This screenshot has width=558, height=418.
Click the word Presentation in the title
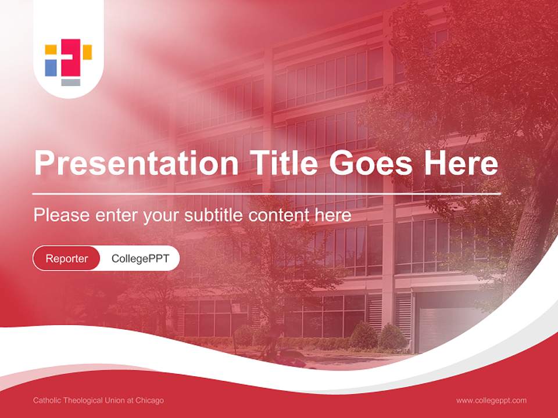coord(136,163)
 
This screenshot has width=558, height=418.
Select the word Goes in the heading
coord(371,163)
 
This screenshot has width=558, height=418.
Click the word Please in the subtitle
coord(62,215)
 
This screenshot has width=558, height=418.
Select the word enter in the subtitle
coord(117,215)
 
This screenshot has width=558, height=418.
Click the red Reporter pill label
coord(66,258)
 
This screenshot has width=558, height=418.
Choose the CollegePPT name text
coord(140,258)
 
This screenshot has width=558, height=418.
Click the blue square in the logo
coord(51,67)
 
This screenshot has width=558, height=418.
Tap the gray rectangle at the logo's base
coord(70,82)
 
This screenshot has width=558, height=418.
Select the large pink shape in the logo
coord(71,57)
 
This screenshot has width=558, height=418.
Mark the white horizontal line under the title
coord(266,194)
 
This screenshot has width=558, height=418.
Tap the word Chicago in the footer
coord(149,401)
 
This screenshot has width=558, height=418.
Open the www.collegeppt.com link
coord(491,401)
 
